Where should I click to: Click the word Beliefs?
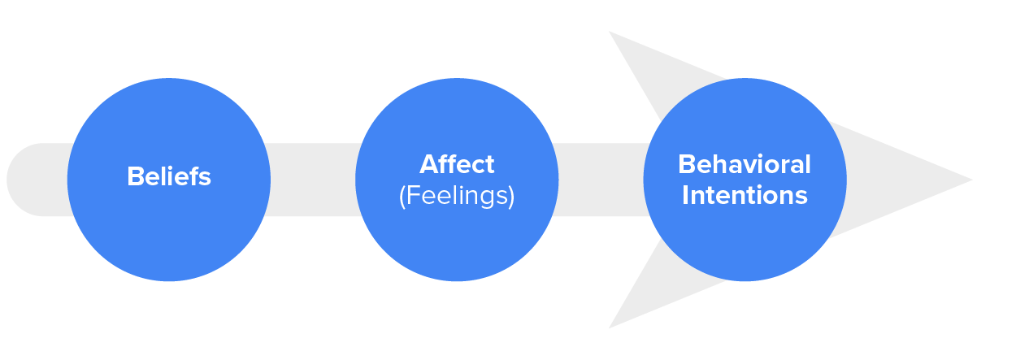[x=169, y=177]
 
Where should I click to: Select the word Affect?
[x=457, y=164]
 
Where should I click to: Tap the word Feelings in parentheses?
[x=457, y=197]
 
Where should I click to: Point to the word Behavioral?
[x=745, y=164]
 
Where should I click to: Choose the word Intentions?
[x=745, y=195]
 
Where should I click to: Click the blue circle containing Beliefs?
[x=169, y=236]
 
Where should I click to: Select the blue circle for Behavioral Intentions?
[x=745, y=244]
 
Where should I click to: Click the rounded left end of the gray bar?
[x=20, y=180]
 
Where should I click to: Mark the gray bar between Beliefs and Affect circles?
[x=313, y=180]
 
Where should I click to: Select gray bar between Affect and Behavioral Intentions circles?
[x=601, y=180]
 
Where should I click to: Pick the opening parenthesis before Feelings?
[x=402, y=197]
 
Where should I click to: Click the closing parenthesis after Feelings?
[x=511, y=197]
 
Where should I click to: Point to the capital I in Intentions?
[x=685, y=195]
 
